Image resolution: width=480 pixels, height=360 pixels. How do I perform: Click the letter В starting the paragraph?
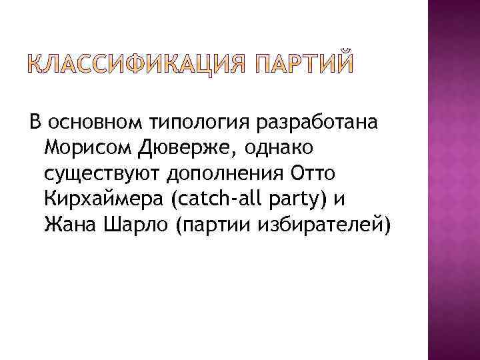click(x=35, y=123)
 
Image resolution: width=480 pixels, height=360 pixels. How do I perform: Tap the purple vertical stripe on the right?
click(x=453, y=180)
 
